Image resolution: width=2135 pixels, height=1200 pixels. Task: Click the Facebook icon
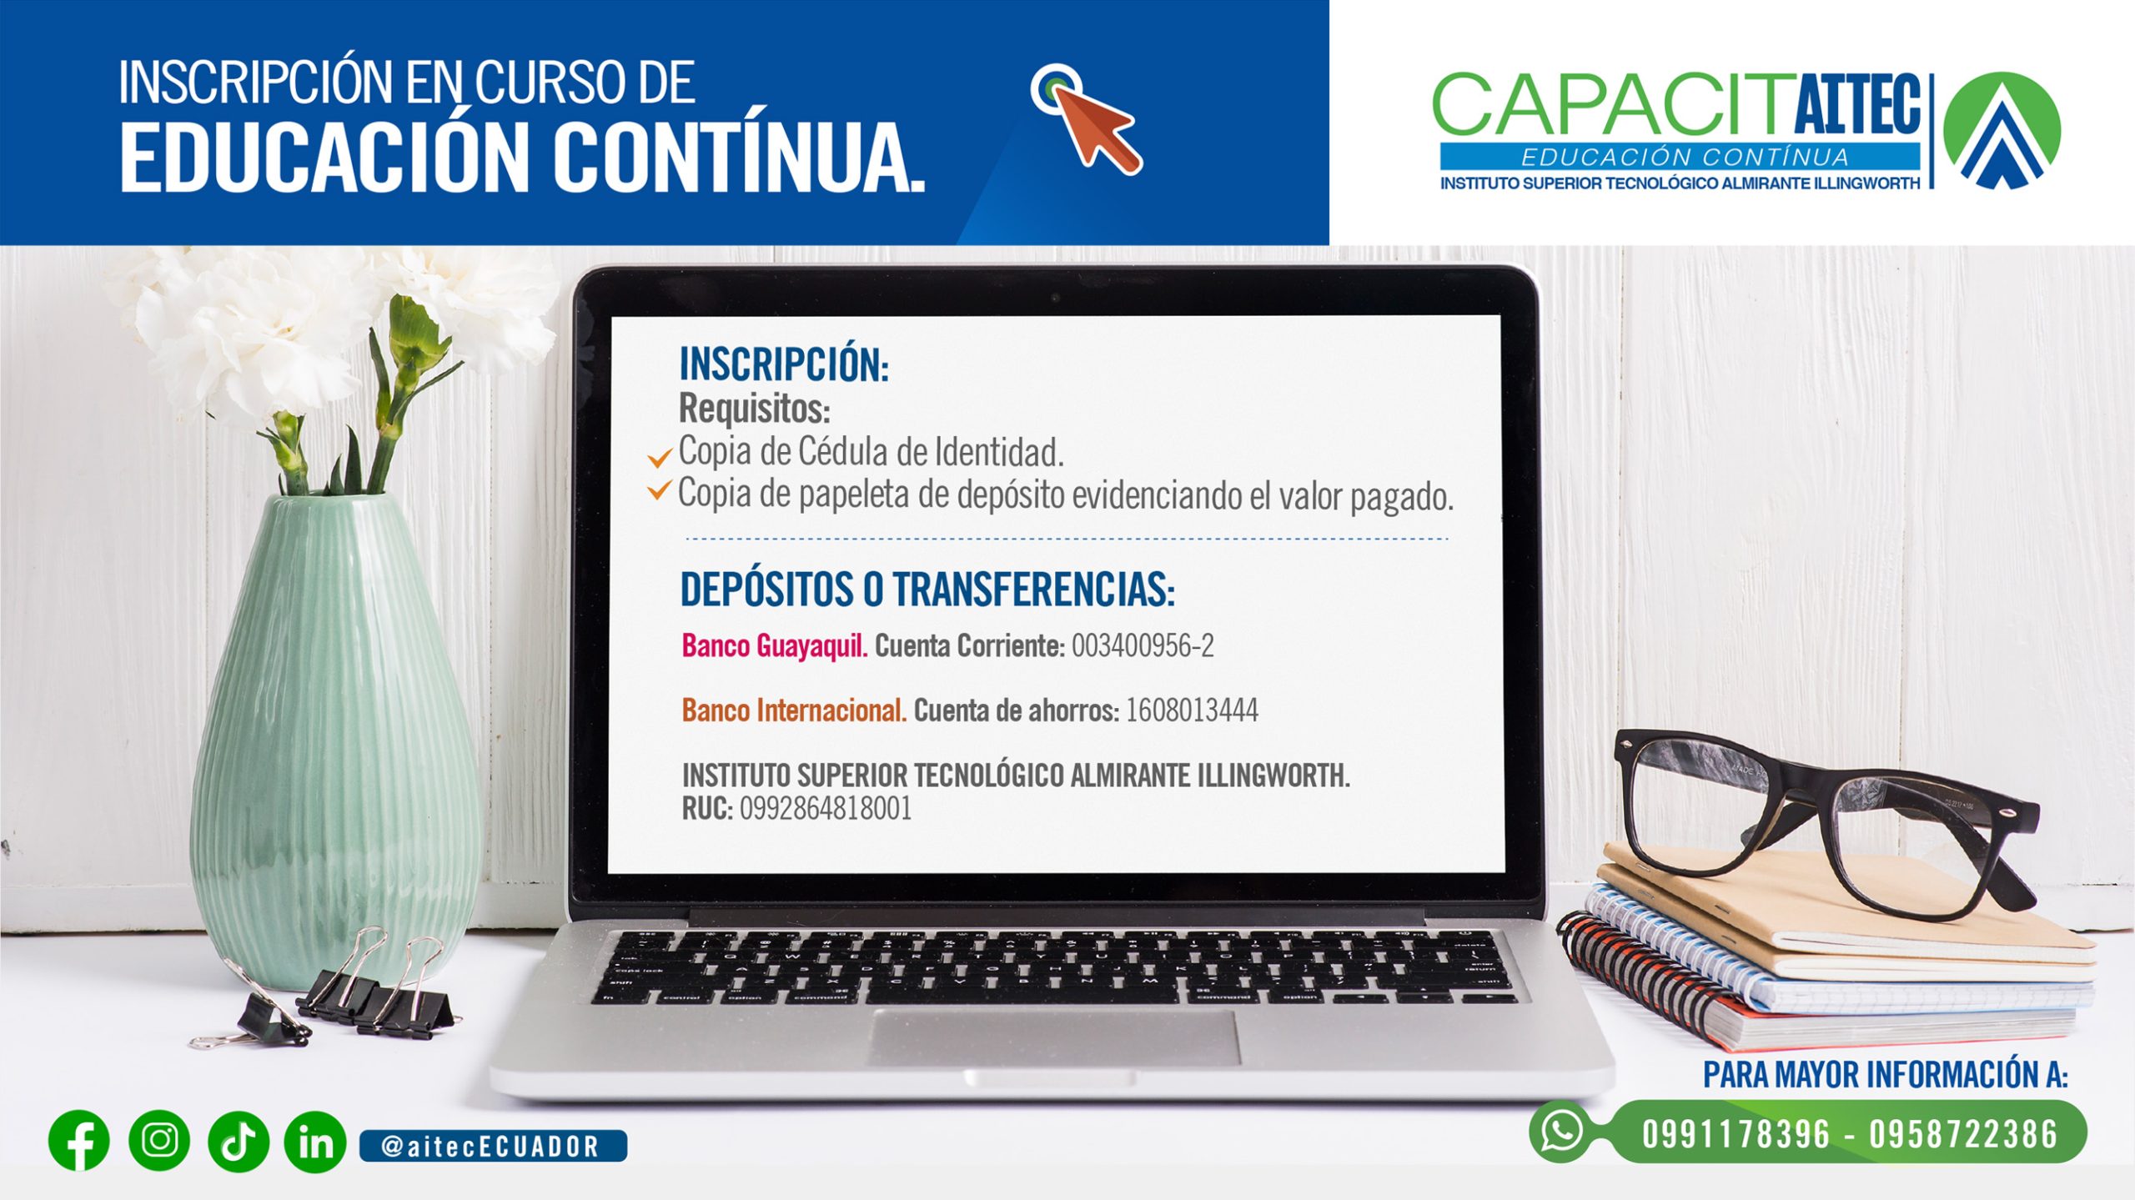[79, 1141]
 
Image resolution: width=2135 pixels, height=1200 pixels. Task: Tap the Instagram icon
[159, 1140]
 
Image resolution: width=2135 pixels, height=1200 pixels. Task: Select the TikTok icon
[239, 1141]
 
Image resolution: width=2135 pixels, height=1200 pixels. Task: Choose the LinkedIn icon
[315, 1142]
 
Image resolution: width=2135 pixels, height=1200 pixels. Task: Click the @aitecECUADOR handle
[491, 1147]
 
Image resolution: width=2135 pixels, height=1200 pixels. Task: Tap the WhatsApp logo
[1561, 1131]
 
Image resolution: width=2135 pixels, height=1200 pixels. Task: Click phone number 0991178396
[1736, 1134]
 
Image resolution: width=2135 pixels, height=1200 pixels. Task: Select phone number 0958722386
[1963, 1134]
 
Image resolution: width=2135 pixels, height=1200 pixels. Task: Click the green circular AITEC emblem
[2002, 130]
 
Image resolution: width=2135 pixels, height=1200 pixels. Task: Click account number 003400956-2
[1143, 645]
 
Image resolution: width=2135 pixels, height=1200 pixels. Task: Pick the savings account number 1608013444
[1192, 710]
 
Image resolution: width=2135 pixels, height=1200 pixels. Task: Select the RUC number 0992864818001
[826, 808]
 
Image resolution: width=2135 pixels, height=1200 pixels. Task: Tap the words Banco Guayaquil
[775, 646]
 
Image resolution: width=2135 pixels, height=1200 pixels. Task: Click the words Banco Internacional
[794, 710]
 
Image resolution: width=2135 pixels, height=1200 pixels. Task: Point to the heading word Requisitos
[754, 409]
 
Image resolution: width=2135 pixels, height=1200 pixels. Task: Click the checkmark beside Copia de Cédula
[659, 458]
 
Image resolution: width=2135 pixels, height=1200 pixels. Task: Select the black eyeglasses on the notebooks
[1826, 821]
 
